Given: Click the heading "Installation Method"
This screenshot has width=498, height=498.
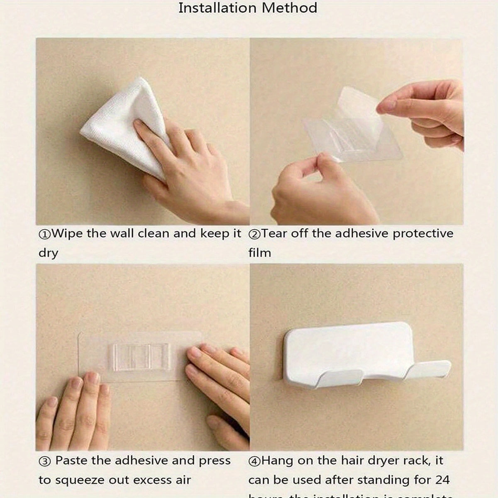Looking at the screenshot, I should click(x=248, y=8).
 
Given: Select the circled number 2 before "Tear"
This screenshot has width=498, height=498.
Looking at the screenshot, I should click(x=254, y=234).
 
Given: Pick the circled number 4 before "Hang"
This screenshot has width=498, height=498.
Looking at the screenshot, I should click(x=254, y=461).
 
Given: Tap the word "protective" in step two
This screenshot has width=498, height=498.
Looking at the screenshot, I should click(x=423, y=234).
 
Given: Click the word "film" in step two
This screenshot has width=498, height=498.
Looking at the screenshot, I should click(x=259, y=253).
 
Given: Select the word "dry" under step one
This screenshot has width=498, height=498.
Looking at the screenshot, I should click(x=48, y=253).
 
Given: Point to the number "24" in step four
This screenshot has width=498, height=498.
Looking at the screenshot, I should click(x=441, y=480).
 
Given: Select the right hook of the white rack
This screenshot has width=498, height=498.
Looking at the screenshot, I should click(x=427, y=369).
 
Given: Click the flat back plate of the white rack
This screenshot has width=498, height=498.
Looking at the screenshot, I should click(x=349, y=344).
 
